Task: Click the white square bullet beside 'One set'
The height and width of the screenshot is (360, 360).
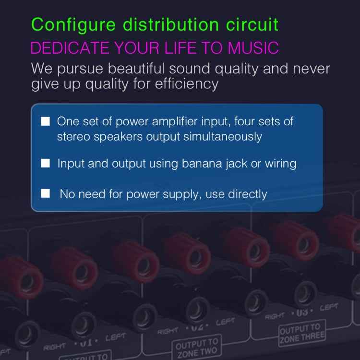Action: [x=46, y=121]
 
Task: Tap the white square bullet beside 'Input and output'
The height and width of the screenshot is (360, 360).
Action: [x=46, y=164]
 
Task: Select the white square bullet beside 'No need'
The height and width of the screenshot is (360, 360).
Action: [x=46, y=194]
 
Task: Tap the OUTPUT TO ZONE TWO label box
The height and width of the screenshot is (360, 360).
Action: [x=196, y=348]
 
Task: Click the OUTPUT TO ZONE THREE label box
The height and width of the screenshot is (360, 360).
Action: [x=301, y=332]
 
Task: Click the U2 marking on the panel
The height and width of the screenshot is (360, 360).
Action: [x=197, y=328]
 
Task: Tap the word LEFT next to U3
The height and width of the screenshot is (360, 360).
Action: [x=329, y=307]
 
